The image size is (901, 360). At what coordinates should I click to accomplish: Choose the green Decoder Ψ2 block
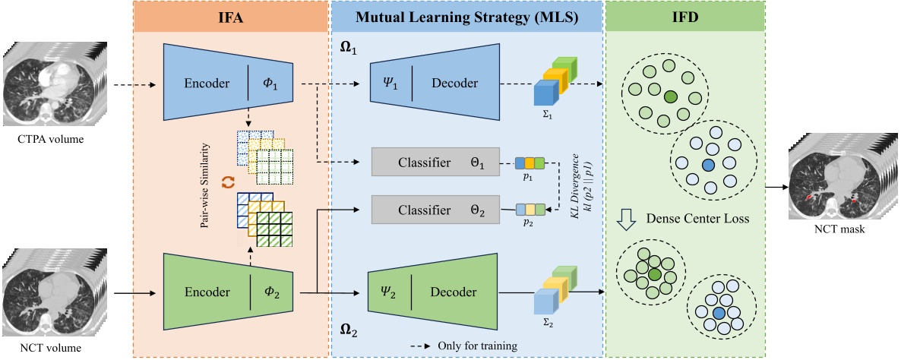434,292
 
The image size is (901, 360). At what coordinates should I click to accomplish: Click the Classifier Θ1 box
434,163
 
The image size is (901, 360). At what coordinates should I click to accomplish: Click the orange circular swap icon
227,183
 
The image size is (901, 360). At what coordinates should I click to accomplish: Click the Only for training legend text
477,346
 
